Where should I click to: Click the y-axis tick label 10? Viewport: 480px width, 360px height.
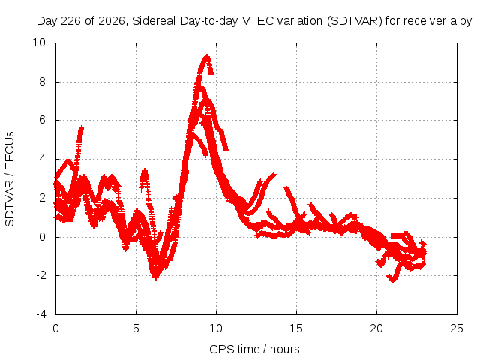coord(39,43)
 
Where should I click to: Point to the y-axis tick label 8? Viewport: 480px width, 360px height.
coord(42,82)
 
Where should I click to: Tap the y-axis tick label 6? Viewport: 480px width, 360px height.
coord(42,120)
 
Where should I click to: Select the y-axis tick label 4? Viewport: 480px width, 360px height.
coord(42,159)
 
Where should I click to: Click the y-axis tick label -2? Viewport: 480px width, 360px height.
coord(40,275)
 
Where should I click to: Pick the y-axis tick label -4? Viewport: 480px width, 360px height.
coord(40,314)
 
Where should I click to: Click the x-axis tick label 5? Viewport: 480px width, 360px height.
coord(136,328)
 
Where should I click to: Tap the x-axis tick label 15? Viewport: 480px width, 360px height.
coord(296,328)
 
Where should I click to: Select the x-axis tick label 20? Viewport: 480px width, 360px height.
coord(376,328)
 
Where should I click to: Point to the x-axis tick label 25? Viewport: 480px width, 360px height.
coord(457,328)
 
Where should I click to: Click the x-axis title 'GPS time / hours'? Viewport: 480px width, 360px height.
coord(254,349)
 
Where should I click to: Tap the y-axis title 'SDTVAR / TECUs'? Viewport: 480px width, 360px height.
coord(10,179)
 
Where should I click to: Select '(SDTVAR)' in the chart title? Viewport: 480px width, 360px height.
coord(355,21)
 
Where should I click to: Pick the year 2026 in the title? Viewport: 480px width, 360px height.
coord(112,21)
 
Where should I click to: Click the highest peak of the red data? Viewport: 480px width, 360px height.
coord(207,56)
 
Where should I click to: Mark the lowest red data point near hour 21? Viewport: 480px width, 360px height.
coord(393,280)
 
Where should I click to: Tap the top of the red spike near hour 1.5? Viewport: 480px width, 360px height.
coord(81,127)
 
